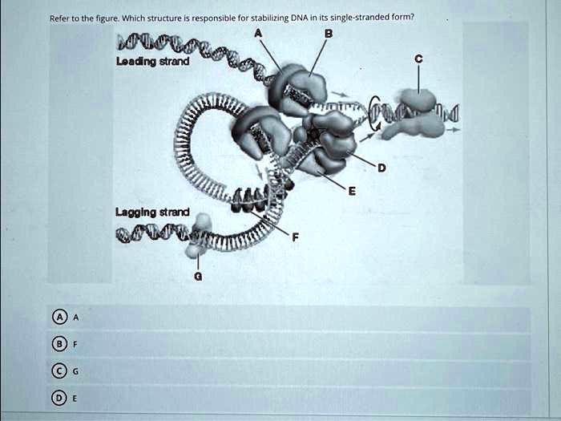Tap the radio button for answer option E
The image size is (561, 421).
(x=60, y=398)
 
